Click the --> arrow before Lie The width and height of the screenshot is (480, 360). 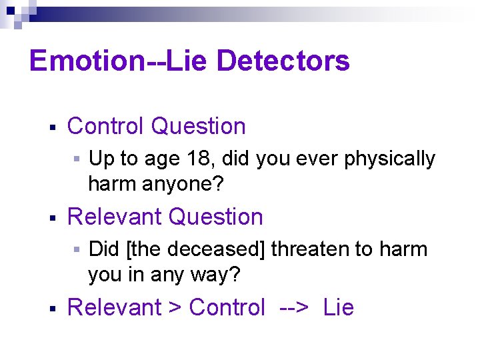[x=294, y=308]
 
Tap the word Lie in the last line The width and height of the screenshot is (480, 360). [x=338, y=308]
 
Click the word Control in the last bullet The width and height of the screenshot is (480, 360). [x=227, y=308]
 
